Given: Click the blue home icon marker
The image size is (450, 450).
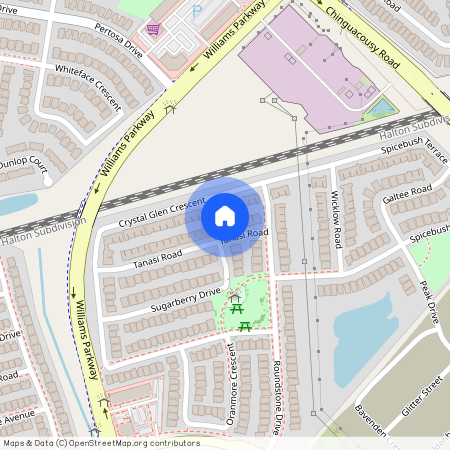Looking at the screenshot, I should point(225,215).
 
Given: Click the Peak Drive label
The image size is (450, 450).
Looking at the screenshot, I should point(429,301).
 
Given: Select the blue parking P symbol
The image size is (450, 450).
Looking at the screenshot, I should point(196,10).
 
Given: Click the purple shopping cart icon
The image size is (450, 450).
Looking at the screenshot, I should point(153,29).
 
